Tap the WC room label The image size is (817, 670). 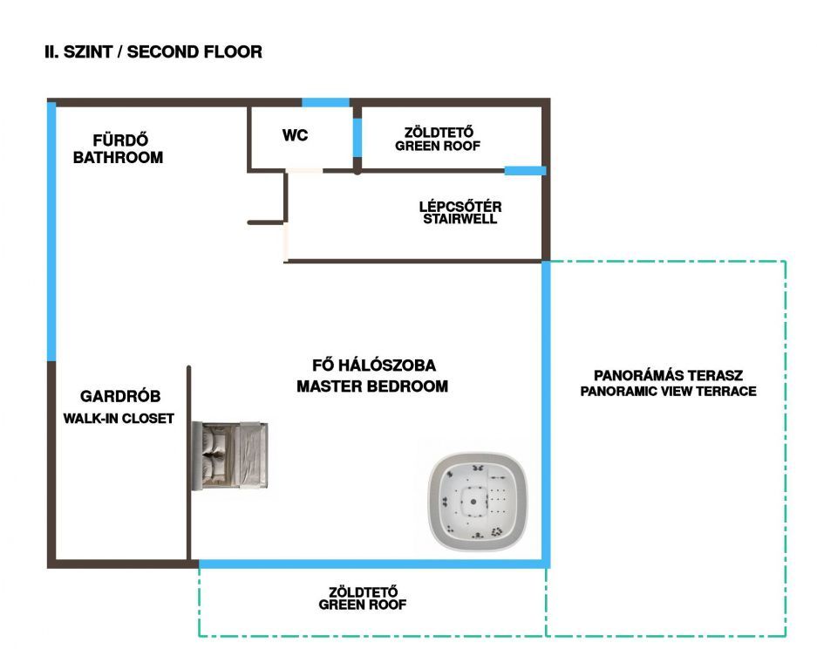tap(295, 136)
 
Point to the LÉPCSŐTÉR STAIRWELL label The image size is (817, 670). tap(460, 213)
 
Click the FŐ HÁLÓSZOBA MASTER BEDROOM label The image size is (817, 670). tap(372, 375)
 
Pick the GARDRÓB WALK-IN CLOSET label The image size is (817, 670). tap(119, 407)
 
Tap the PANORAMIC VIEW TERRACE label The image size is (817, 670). tap(668, 383)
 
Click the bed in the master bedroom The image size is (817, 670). tap(230, 455)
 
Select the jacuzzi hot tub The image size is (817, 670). tap(475, 501)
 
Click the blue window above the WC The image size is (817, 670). tap(325, 103)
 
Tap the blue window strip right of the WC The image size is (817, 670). tap(357, 137)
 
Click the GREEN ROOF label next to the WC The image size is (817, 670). tap(438, 140)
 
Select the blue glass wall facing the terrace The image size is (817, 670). tap(547, 410)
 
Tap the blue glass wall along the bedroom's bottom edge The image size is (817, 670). tap(373, 564)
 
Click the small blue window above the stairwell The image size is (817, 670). tap(525, 170)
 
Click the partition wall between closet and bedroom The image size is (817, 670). tap(189, 462)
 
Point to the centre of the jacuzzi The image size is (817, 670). tap(473, 501)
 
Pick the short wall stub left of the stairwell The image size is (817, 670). tap(266, 222)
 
